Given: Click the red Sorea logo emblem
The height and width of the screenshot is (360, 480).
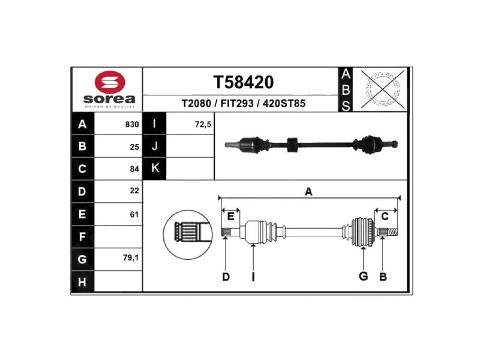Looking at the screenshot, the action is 110,82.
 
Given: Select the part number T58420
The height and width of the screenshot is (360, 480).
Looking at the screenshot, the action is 243,82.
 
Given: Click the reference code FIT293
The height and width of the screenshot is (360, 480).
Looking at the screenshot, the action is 237,104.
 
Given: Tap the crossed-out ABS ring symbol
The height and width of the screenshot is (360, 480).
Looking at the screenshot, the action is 382,90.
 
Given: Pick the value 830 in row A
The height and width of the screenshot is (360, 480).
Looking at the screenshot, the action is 132,124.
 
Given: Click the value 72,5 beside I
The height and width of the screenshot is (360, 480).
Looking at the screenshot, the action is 203,124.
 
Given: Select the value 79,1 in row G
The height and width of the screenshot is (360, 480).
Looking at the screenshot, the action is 131,258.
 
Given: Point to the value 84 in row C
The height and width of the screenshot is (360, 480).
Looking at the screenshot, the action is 135,169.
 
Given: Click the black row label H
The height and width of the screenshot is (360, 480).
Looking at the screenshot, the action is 82,282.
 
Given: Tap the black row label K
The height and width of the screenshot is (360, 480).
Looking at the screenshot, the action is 155,168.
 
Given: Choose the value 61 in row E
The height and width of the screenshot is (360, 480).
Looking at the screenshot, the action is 135,214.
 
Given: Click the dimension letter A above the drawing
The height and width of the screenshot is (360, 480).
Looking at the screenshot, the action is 308,192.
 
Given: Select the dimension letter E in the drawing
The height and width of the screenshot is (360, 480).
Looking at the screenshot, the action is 231,217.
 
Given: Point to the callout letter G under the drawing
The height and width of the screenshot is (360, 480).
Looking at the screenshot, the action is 363,276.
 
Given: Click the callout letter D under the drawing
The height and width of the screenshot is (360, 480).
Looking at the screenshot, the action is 225,277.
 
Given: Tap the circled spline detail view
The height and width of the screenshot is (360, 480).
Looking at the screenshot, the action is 188,234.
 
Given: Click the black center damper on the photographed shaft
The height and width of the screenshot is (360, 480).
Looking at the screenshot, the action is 292,144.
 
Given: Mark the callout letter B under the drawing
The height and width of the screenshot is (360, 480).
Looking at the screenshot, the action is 383,277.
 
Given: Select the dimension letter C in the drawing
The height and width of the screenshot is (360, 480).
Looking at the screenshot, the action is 385,217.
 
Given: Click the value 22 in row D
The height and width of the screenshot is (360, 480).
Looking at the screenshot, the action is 135,191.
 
